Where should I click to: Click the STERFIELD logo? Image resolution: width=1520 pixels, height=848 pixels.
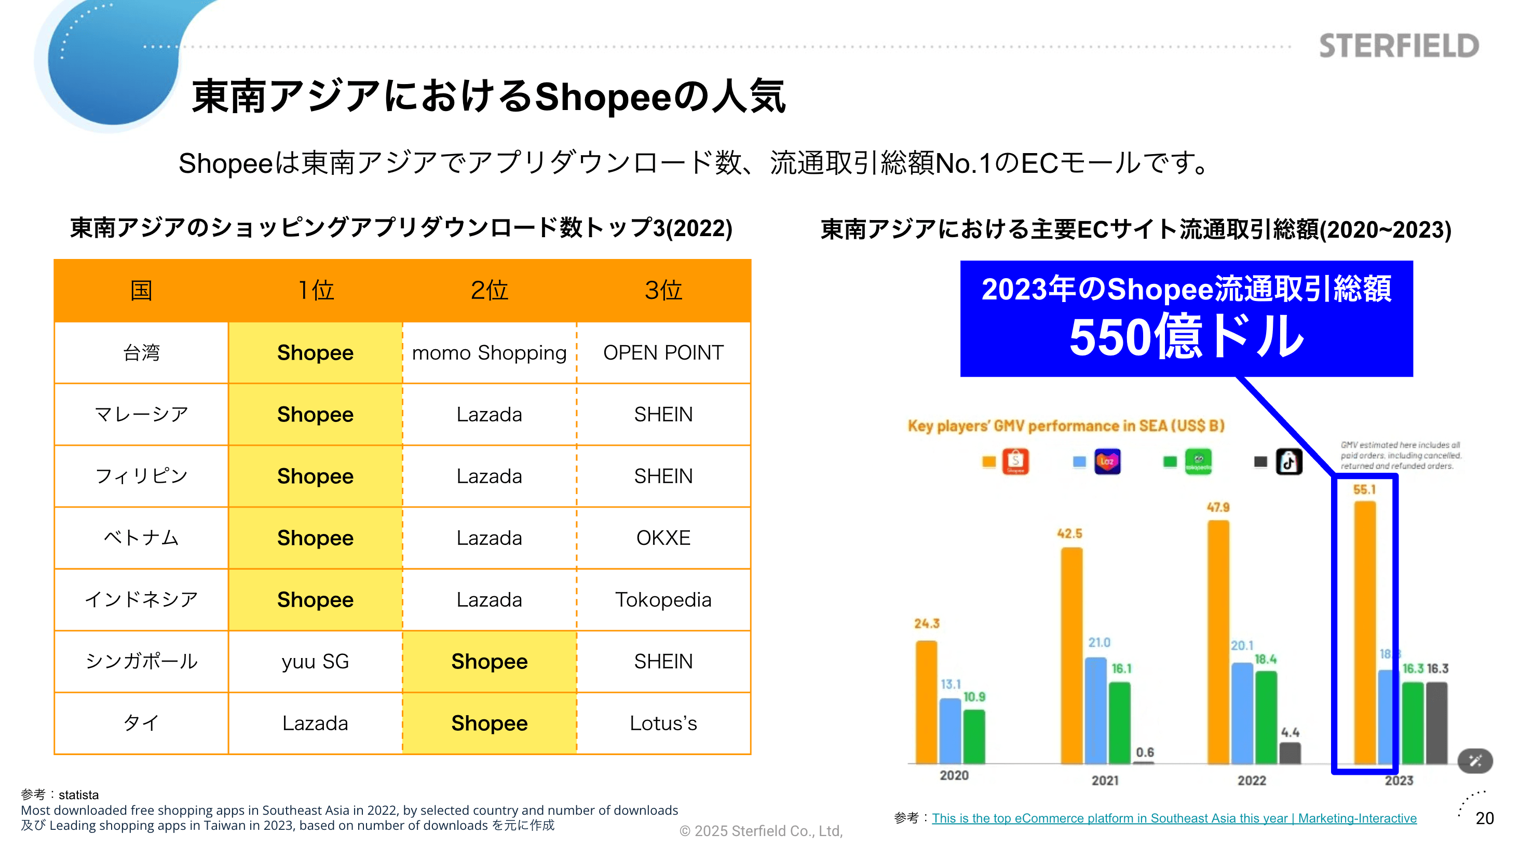click(1399, 46)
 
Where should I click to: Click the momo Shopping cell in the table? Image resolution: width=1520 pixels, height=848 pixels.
click(489, 353)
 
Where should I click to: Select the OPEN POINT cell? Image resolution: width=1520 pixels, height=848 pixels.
click(663, 353)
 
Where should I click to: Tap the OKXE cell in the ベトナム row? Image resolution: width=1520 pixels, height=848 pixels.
click(663, 538)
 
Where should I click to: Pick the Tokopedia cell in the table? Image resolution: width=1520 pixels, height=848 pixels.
click(663, 600)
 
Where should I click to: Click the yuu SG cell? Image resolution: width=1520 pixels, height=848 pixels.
click(315, 662)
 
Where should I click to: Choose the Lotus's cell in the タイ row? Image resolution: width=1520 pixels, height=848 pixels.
click(663, 723)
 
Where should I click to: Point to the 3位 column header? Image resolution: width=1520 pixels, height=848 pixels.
click(663, 290)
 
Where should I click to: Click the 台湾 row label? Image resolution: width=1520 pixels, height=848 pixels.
click(141, 353)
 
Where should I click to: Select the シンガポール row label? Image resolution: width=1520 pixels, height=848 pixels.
click(141, 662)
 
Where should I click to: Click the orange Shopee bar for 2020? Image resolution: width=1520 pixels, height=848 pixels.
click(927, 702)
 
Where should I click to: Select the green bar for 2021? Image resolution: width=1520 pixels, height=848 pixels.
click(1119, 722)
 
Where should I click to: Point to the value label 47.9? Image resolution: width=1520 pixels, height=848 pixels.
click(1218, 507)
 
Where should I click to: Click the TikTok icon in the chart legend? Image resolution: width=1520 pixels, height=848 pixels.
click(1288, 462)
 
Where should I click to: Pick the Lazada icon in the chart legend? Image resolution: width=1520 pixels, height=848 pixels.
click(1107, 462)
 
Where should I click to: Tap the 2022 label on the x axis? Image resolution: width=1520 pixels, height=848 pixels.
click(1252, 780)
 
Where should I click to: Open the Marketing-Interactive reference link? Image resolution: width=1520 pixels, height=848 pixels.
click(1174, 818)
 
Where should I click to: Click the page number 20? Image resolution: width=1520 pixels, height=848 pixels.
click(1484, 818)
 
